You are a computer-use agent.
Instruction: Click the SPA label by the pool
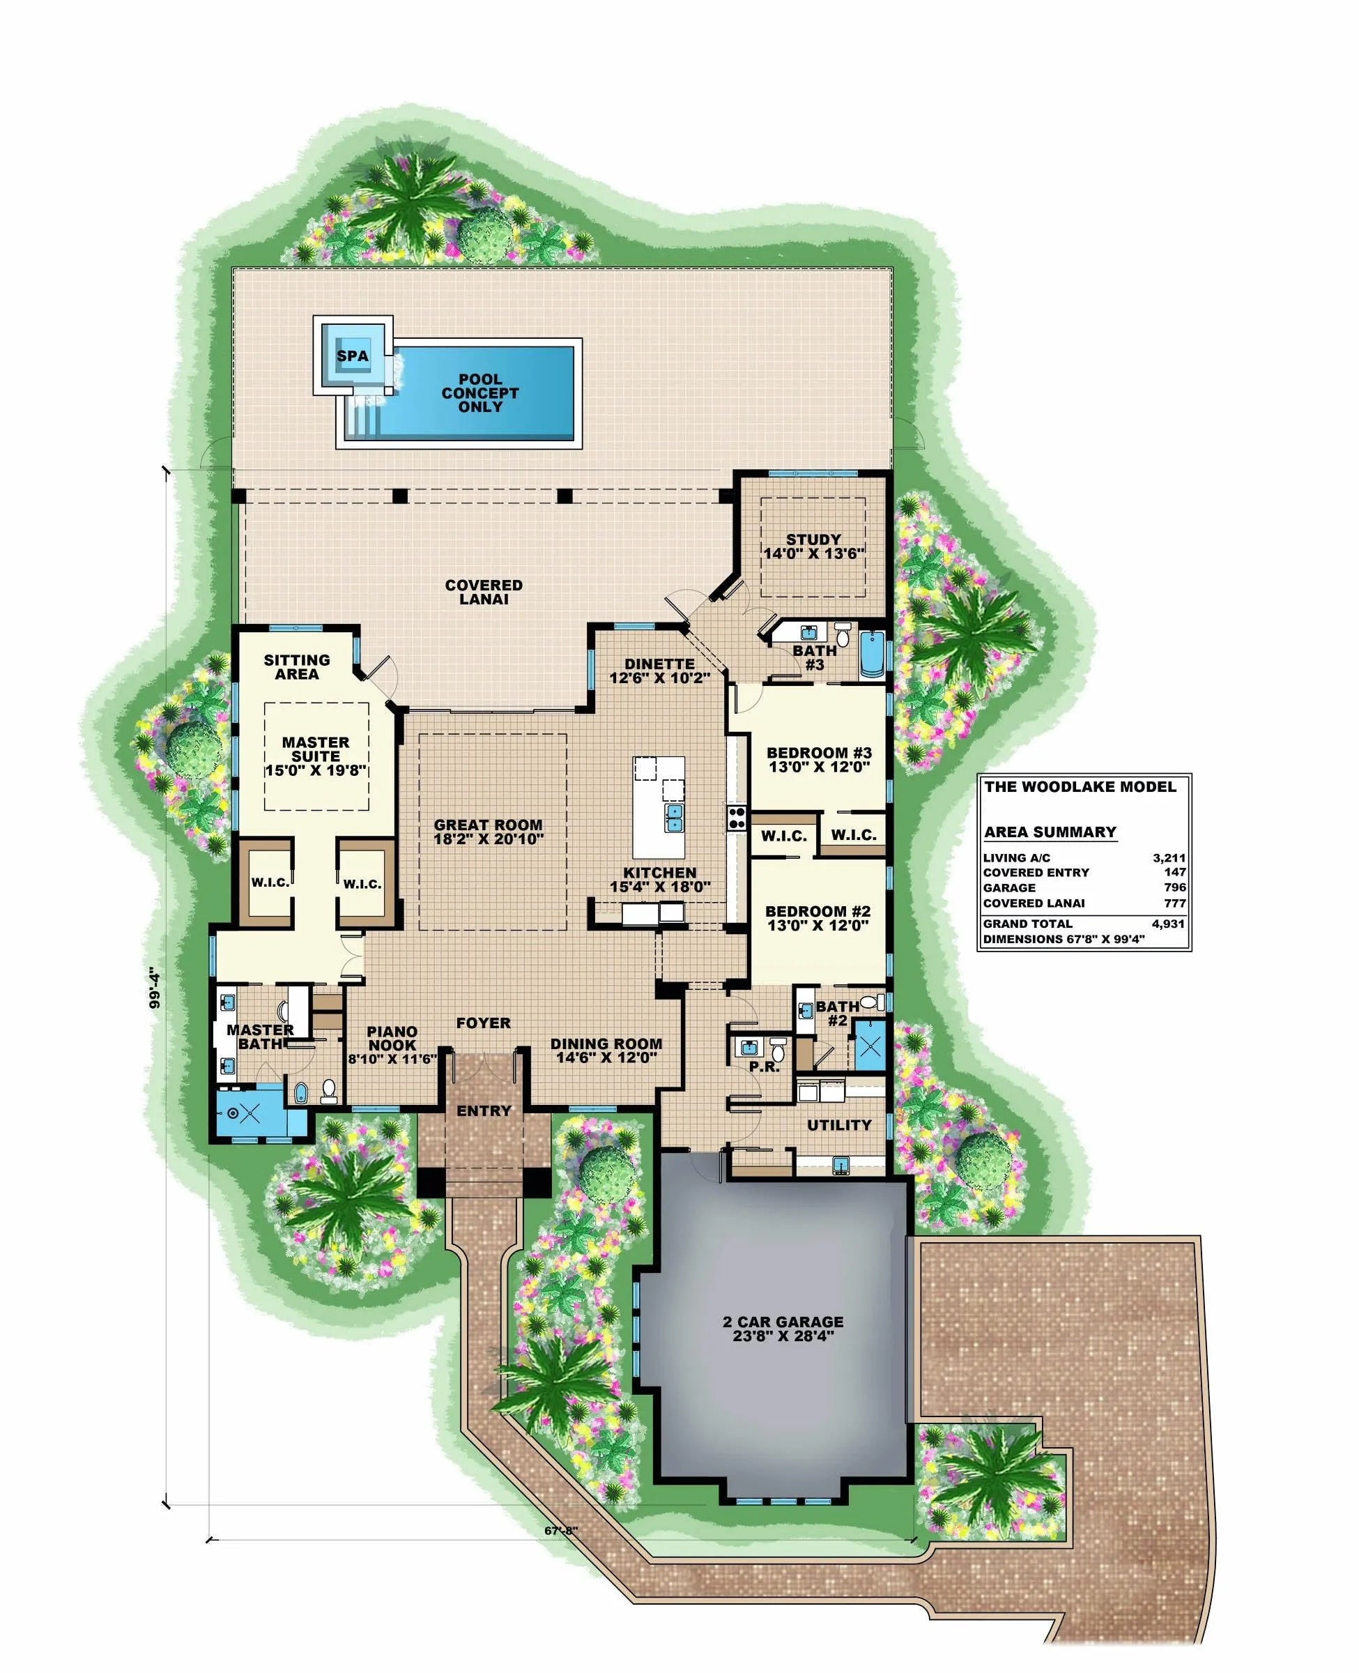click(352, 356)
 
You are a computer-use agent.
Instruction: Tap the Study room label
click(813, 540)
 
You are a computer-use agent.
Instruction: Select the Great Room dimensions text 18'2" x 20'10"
click(489, 839)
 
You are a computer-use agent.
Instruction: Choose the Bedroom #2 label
click(818, 911)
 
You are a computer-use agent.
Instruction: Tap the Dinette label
click(659, 664)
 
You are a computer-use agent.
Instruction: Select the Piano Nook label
click(392, 1038)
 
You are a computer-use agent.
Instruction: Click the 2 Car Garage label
click(783, 1322)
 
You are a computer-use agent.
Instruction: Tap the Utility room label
click(839, 1125)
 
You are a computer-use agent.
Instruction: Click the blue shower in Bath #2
click(868, 1047)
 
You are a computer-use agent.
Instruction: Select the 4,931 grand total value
click(1169, 924)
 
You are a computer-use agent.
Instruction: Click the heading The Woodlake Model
click(1080, 787)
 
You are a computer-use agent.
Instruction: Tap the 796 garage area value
click(1175, 888)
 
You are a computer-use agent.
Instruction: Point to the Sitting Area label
click(297, 667)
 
